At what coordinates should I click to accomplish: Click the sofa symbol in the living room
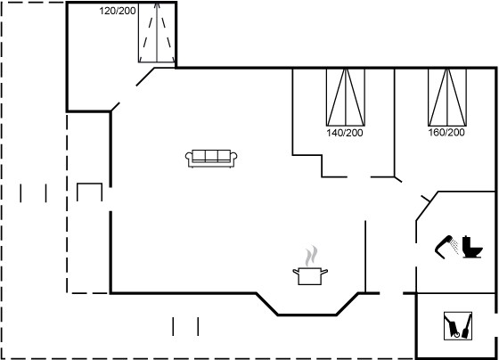point(211,159)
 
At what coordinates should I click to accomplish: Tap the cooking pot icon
point(310,276)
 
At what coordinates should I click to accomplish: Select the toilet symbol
point(472,247)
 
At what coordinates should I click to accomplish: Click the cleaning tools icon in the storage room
point(458,326)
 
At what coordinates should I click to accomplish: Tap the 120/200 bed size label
point(118,11)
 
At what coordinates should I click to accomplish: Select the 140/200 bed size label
point(345,133)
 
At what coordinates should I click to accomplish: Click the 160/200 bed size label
point(446,132)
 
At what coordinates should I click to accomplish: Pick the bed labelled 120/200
point(157,32)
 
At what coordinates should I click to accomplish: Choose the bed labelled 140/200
point(346,97)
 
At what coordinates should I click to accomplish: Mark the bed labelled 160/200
point(447,97)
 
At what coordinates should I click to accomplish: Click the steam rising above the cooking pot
point(311,256)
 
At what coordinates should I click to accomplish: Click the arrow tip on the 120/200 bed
point(157,4)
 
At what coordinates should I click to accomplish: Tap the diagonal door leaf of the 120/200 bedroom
point(145,77)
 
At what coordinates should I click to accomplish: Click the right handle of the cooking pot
point(324,272)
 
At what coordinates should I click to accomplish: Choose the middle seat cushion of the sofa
point(211,155)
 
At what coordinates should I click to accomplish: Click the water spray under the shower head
point(455,247)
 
